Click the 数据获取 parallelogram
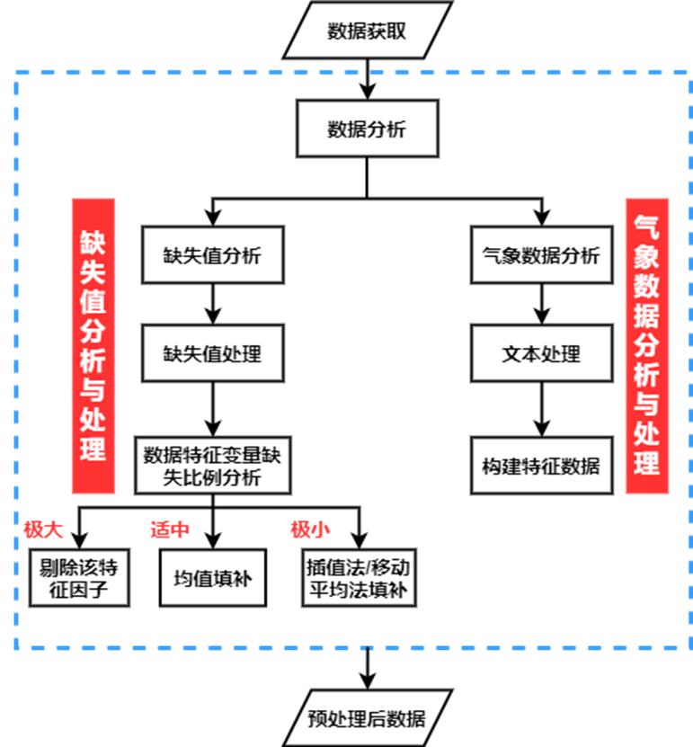point(367,31)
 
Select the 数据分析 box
point(367,129)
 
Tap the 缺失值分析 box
point(212,255)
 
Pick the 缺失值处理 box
point(212,353)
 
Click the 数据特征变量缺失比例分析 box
point(212,466)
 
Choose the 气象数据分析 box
point(541,255)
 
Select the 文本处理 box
point(541,353)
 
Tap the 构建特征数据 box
point(541,466)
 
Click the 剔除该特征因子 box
point(79,578)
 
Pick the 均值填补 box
point(212,578)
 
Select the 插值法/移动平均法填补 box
point(358,578)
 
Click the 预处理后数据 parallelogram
point(367,718)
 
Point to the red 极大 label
point(43,529)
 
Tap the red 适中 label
point(170,529)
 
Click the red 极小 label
point(309,529)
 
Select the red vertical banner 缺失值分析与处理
point(93,346)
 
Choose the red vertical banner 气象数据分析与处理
point(646,346)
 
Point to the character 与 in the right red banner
point(646,404)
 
